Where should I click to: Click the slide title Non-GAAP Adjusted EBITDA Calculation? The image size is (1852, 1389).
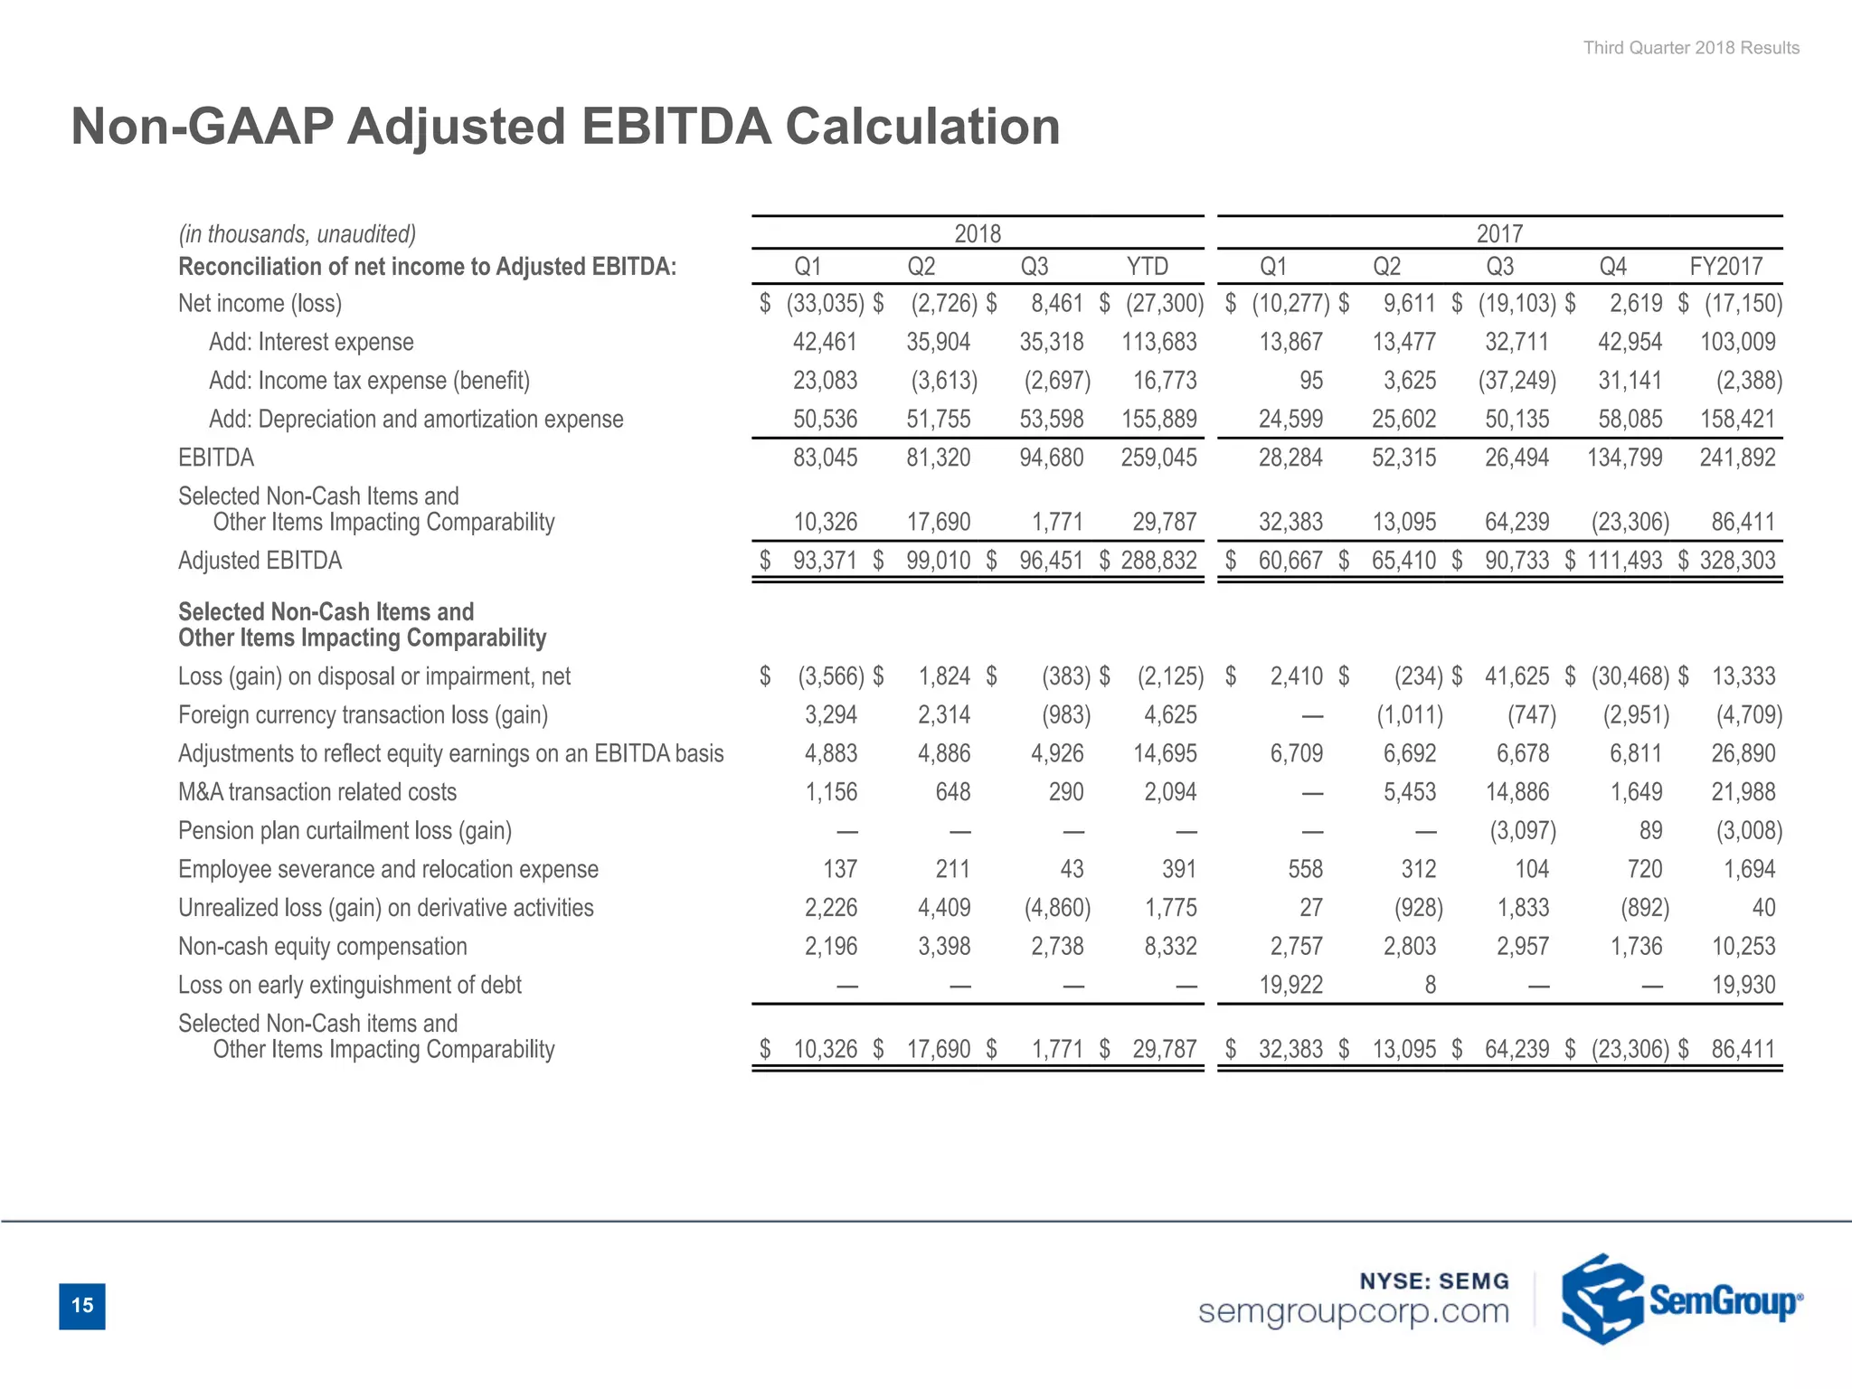click(x=565, y=126)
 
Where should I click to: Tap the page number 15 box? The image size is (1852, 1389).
click(x=82, y=1305)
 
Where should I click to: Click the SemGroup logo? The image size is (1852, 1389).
click(x=1681, y=1299)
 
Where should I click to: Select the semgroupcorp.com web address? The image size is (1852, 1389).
click(x=1353, y=1311)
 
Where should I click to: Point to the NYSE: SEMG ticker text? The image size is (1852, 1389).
click(x=1434, y=1280)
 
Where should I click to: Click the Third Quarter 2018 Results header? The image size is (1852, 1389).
click(x=1690, y=48)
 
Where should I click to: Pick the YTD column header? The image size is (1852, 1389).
click(x=1147, y=267)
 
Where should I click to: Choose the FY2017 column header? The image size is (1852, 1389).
click(x=1725, y=267)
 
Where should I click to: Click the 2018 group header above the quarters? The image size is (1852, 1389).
click(x=978, y=234)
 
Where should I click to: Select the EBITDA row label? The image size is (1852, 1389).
click(x=216, y=458)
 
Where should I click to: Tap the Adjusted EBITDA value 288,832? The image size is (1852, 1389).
click(x=1158, y=561)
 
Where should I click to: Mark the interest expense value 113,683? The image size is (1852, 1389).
click(x=1158, y=342)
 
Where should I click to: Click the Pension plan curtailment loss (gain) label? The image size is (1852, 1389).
click(x=345, y=831)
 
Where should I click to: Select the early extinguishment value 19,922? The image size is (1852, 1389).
click(x=1290, y=985)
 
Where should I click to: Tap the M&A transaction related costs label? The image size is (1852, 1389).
click(x=317, y=792)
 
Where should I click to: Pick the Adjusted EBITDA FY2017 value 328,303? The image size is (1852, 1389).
click(x=1737, y=561)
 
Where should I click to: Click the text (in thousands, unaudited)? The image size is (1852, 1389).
click(x=297, y=234)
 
